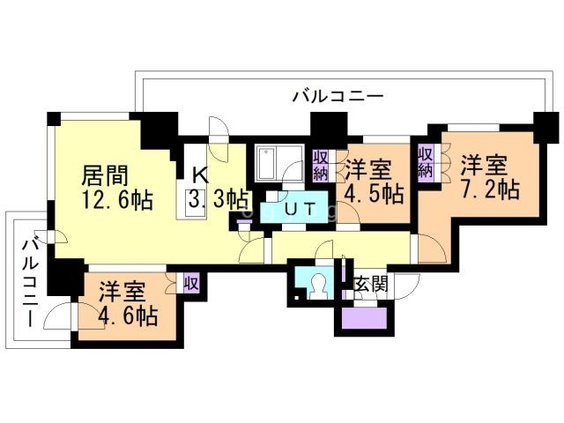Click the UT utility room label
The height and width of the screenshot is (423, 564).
coord(298,211)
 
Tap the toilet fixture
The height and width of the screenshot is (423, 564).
coord(315,285)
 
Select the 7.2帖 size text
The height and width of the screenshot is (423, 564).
coord(488,189)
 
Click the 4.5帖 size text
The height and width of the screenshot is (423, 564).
coord(375,192)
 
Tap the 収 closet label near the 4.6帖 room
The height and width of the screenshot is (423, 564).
coord(191,284)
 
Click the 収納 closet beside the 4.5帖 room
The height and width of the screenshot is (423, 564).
coord(321,164)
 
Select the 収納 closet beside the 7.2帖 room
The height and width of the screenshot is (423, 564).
coord(427,161)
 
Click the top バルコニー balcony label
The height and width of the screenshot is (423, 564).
coord(338,96)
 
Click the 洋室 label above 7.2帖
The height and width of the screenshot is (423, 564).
coord(484,165)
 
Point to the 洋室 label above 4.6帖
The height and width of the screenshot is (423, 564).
coord(122,290)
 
